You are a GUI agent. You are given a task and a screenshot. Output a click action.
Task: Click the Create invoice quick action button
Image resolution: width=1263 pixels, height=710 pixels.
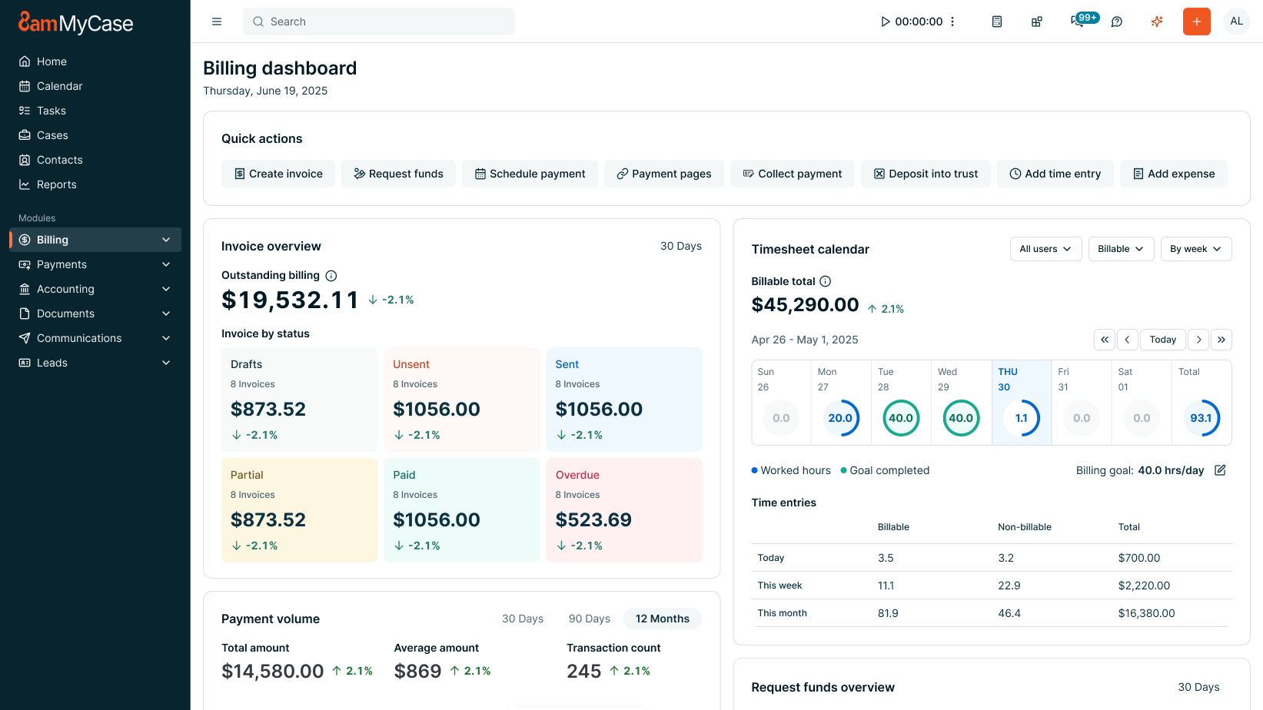click(278, 174)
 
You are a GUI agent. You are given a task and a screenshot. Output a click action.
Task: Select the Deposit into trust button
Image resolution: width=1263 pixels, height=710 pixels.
click(926, 174)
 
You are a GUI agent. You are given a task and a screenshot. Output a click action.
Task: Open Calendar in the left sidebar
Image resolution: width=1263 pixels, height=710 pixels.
click(59, 86)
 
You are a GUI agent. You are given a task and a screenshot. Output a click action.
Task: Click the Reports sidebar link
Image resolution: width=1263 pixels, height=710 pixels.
click(56, 184)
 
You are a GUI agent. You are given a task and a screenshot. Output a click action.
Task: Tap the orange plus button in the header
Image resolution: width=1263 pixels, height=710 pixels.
click(1196, 22)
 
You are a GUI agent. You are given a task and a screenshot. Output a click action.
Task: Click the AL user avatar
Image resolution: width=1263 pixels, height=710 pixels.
click(1236, 22)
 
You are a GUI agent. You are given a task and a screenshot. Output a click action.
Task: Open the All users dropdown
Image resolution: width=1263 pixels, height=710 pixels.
click(1045, 249)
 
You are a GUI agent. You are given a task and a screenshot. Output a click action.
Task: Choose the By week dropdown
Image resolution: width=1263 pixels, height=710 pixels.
click(1195, 249)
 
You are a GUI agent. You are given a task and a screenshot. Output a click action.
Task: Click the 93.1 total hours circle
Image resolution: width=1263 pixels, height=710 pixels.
click(1201, 418)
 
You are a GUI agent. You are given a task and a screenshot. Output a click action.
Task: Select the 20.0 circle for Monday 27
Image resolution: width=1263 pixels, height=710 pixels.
click(840, 418)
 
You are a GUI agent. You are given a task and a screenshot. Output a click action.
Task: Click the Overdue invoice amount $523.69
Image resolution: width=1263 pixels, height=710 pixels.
click(593, 520)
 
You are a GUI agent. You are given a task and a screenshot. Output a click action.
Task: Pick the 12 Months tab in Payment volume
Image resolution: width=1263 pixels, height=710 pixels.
click(662, 619)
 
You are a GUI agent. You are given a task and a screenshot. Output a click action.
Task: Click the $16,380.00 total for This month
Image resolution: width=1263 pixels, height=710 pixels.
click(1146, 613)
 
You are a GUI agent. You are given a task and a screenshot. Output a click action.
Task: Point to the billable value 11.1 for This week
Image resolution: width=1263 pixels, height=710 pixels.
click(886, 586)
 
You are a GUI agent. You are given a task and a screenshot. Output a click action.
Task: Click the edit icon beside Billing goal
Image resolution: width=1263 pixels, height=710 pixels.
click(1220, 470)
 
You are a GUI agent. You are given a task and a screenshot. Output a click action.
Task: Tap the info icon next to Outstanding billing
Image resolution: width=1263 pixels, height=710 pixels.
click(331, 276)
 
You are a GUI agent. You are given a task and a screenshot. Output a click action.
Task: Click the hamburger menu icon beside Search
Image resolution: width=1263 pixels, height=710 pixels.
click(217, 22)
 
